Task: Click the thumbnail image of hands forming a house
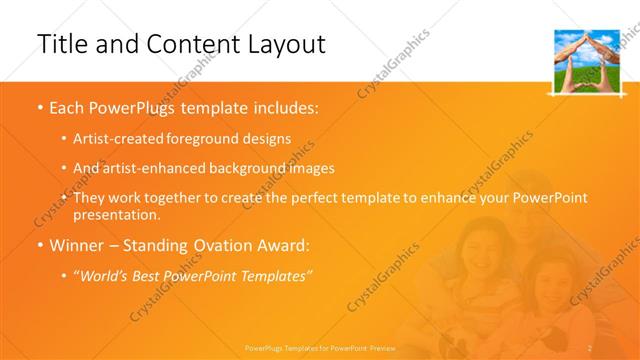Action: (x=584, y=61)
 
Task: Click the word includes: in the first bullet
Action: (x=282, y=106)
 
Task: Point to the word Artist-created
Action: (x=113, y=139)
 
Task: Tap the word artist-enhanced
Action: (x=145, y=169)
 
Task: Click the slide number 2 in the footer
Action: (x=591, y=348)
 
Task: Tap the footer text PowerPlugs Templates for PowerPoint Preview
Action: (x=319, y=348)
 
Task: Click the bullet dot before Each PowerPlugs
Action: (x=39, y=107)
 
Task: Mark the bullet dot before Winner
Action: (x=39, y=245)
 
